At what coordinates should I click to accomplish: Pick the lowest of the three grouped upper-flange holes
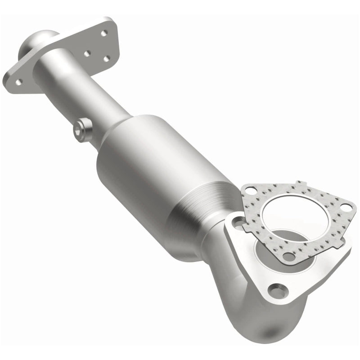pyautogui.click(x=107, y=58)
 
